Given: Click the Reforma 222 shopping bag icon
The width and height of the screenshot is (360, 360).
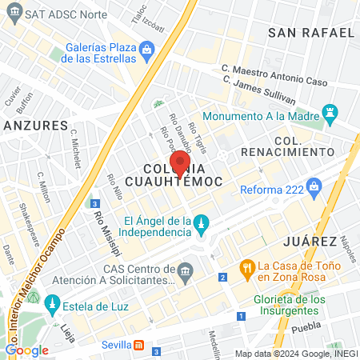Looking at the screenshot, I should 314,189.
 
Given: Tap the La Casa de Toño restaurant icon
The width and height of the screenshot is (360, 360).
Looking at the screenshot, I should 247,266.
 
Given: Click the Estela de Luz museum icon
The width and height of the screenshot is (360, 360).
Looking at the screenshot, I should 52,304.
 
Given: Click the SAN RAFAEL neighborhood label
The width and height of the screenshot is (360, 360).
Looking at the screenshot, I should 311,32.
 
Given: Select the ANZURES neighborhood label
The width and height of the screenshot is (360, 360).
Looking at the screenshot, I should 35,126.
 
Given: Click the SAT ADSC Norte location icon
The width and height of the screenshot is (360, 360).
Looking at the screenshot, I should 13,14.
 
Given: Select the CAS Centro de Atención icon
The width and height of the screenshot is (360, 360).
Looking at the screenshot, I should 186,271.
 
